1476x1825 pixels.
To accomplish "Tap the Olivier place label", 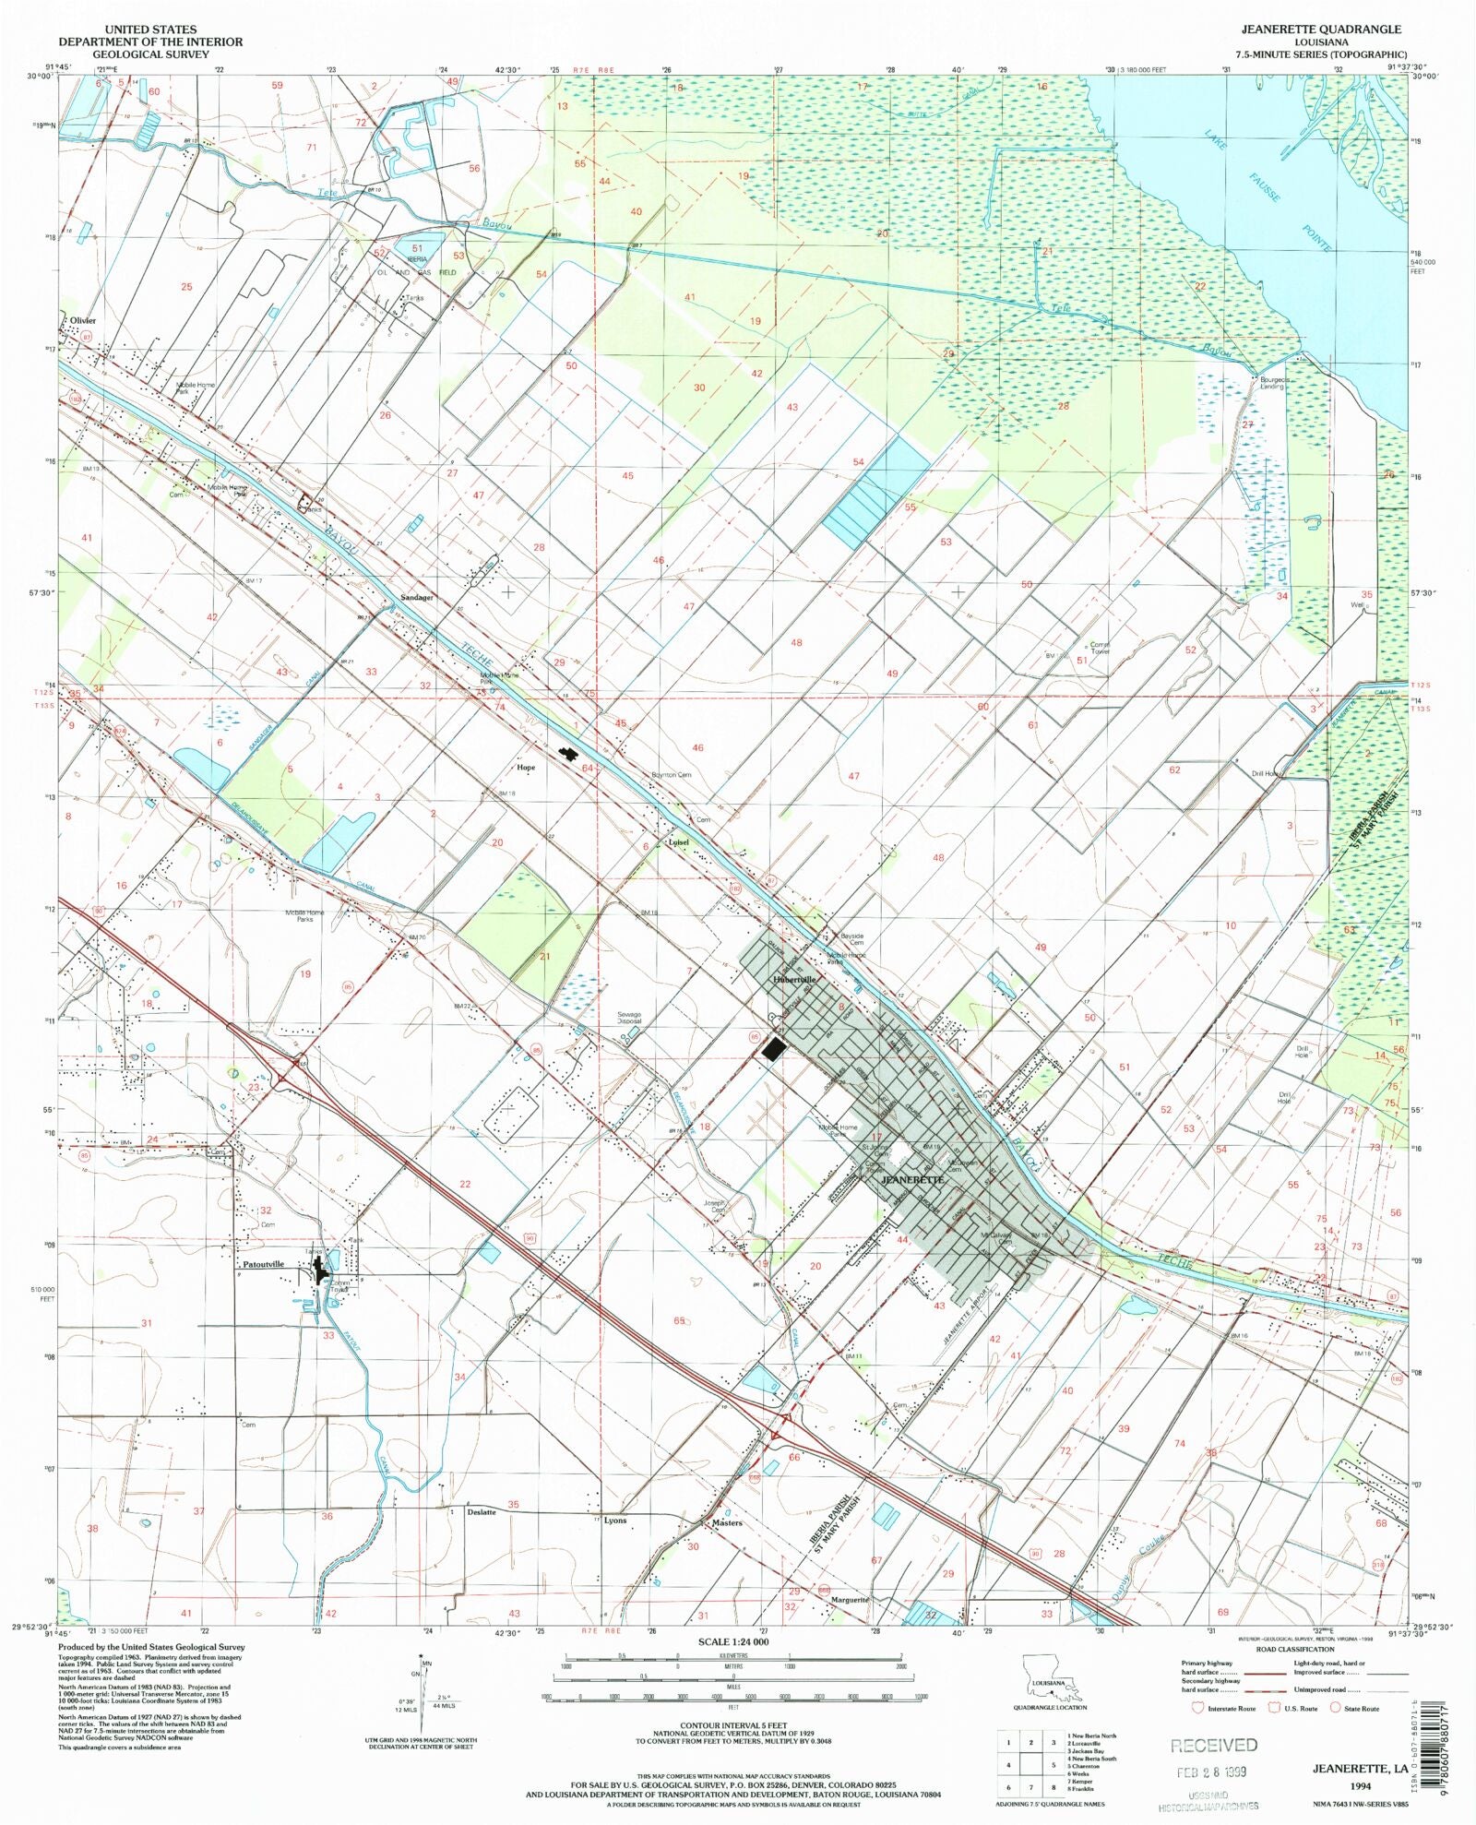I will pyautogui.click(x=80, y=320).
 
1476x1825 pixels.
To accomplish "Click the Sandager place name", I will pyautogui.click(x=416, y=598).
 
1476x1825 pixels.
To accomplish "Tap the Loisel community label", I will pyautogui.click(x=678, y=841).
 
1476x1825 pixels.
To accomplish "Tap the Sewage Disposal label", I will pyautogui.click(x=629, y=1019).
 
